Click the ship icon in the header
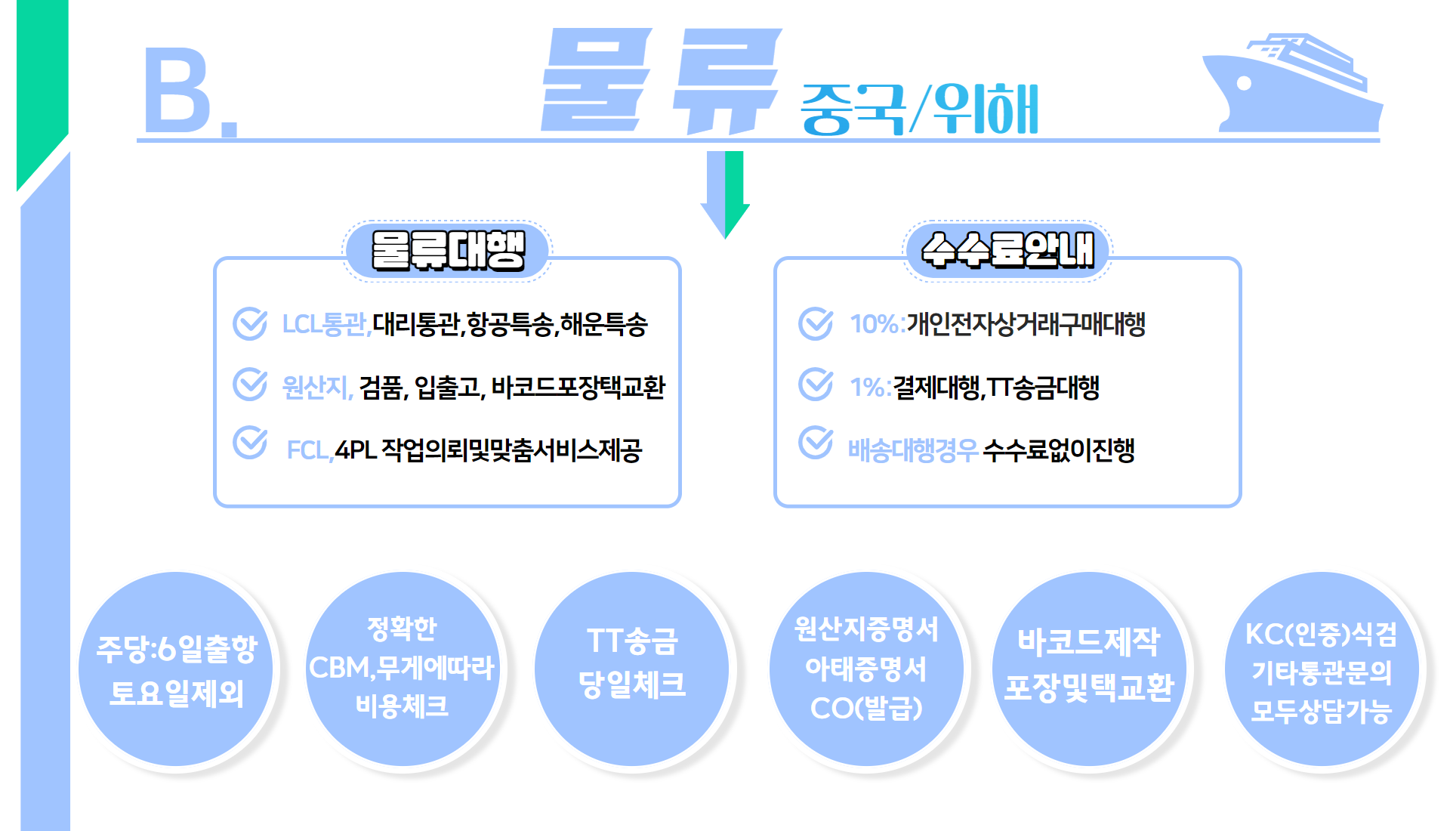(x=1292, y=83)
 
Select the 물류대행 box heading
(x=448, y=251)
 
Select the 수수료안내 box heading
(x=1007, y=251)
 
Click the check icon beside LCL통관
(x=250, y=323)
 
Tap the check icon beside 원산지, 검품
(x=250, y=385)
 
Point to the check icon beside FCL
(x=250, y=443)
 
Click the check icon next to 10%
(x=816, y=323)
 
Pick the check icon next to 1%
(x=816, y=385)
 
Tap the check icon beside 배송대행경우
(x=816, y=443)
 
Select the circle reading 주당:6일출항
(x=176, y=669)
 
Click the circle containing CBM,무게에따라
(x=403, y=669)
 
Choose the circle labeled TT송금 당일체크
(x=632, y=669)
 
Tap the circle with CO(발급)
(x=866, y=669)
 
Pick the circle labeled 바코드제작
(x=1089, y=669)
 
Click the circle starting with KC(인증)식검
(x=1322, y=669)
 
